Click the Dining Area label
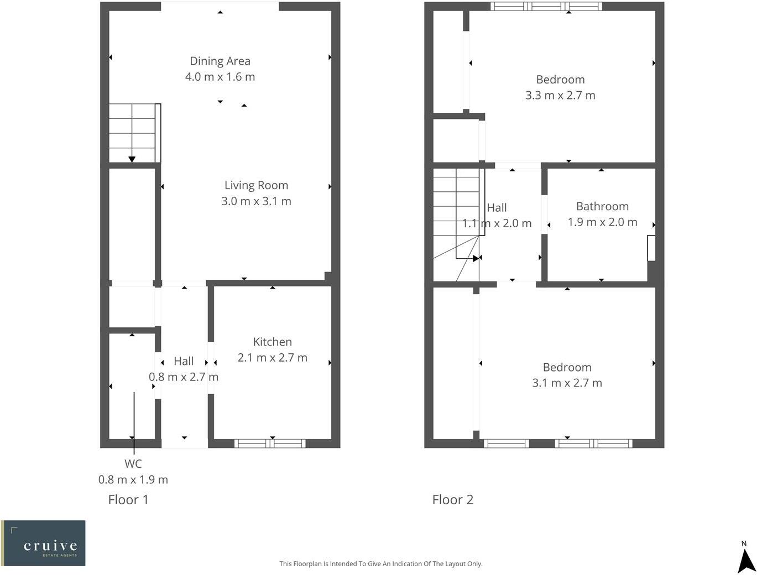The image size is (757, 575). pyautogui.click(x=220, y=61)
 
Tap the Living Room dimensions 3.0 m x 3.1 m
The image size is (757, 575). pyautogui.click(x=256, y=201)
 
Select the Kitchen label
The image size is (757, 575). pyautogui.click(x=272, y=342)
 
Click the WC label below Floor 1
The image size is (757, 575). pyautogui.click(x=133, y=464)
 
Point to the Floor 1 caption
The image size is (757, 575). pyautogui.click(x=128, y=500)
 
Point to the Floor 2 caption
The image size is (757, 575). pyautogui.click(x=452, y=500)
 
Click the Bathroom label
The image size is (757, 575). pyautogui.click(x=602, y=206)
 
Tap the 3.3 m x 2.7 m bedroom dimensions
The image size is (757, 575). pyautogui.click(x=560, y=95)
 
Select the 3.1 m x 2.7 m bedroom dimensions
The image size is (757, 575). pyautogui.click(x=567, y=383)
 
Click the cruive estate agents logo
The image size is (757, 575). pyautogui.click(x=43, y=543)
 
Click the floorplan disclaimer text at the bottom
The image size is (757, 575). pyautogui.click(x=380, y=564)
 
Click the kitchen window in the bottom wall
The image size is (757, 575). pyautogui.click(x=270, y=443)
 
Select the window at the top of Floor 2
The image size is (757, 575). pyautogui.click(x=546, y=7)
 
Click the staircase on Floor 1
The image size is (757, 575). pyautogui.click(x=133, y=133)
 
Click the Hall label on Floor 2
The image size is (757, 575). pyautogui.click(x=497, y=208)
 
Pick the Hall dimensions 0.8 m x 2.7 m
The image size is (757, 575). pyautogui.click(x=184, y=377)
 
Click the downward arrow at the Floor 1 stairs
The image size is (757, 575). pyautogui.click(x=132, y=159)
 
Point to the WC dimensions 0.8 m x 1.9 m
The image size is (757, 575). pyautogui.click(x=133, y=480)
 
